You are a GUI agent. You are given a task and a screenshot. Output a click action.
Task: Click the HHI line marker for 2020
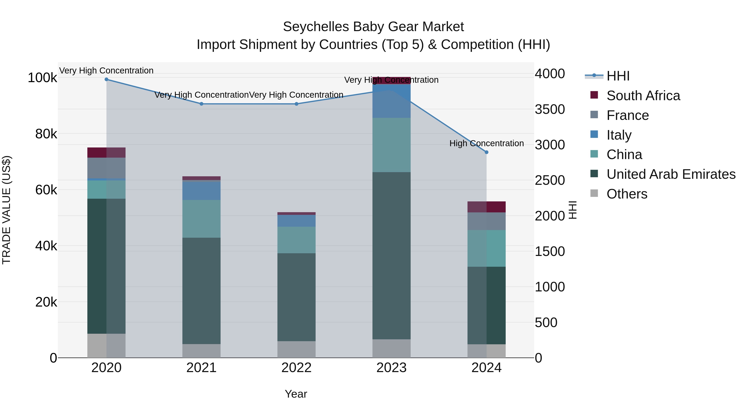(106, 79)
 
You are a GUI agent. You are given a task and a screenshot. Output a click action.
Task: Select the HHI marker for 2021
(201, 104)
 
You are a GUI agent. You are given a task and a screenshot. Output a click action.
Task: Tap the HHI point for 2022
(296, 104)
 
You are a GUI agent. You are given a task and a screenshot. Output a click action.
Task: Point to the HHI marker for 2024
(487, 152)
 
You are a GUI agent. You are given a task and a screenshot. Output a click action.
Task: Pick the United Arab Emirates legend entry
(671, 174)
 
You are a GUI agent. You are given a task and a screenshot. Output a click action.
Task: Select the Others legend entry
(627, 194)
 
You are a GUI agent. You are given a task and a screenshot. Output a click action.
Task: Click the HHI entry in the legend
(618, 76)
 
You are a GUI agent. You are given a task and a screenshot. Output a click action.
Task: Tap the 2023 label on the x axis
(392, 368)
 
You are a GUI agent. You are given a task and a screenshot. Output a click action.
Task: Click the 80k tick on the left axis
(46, 134)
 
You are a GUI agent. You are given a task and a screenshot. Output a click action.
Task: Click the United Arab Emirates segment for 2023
(392, 255)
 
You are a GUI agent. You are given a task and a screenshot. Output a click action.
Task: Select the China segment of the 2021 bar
(201, 219)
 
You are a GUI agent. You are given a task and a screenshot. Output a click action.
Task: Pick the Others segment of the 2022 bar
(296, 349)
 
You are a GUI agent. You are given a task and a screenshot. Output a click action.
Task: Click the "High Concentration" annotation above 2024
(487, 144)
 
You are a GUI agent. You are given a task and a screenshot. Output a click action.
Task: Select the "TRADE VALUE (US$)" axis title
(7, 210)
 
